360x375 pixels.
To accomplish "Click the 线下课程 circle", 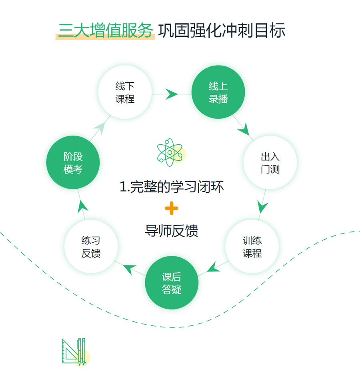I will (x=125, y=92).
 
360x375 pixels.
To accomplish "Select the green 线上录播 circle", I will (x=218, y=92).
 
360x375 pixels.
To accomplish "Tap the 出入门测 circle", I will (x=270, y=162).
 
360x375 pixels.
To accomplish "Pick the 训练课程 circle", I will (x=252, y=247).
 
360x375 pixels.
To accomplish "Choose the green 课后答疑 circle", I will (x=172, y=283).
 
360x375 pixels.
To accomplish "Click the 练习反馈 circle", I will (x=91, y=247).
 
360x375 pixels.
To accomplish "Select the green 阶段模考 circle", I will (x=73, y=163).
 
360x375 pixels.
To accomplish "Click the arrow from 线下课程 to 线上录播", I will (x=172, y=94).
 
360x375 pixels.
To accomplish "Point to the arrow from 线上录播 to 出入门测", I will (x=244, y=129).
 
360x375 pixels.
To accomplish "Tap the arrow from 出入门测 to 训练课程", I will (x=262, y=207).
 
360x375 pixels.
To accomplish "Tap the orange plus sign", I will (x=171, y=208).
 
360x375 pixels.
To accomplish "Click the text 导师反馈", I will (x=171, y=231).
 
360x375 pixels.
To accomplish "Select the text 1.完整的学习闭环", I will (x=171, y=187).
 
